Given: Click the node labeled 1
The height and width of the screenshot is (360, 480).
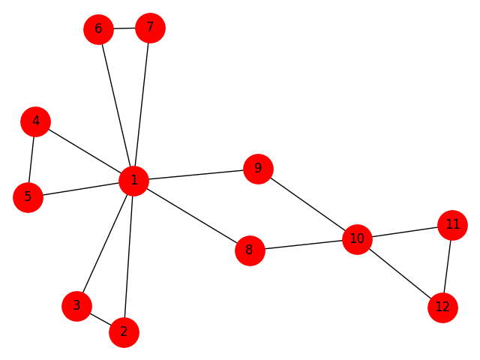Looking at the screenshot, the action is click(133, 180).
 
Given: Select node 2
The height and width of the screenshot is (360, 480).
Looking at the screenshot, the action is click(124, 331).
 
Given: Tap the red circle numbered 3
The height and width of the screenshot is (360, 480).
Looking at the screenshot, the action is click(76, 305).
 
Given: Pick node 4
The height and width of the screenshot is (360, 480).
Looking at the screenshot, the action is click(35, 121).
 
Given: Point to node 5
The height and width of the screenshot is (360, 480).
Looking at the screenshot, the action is click(28, 197).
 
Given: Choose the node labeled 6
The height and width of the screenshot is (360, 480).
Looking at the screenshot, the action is click(98, 30).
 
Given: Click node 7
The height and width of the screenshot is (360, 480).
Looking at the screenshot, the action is click(150, 28).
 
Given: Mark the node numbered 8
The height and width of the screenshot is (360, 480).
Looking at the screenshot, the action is click(250, 250).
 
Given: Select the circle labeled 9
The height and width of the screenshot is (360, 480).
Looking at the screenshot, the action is click(258, 168).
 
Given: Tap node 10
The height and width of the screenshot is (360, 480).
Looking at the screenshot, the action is click(357, 239).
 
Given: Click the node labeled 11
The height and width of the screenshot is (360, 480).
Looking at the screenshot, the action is click(451, 224).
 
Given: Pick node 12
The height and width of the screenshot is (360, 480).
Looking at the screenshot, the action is click(442, 307).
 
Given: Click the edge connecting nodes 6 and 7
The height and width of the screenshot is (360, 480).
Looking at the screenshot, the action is click(124, 28).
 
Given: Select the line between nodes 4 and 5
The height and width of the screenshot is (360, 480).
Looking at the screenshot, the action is click(31, 159).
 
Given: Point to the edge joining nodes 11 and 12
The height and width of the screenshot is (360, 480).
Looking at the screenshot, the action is click(447, 265).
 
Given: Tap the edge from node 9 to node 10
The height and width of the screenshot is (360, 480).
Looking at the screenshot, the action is click(307, 204).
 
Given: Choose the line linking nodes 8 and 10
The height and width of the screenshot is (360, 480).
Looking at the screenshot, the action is click(303, 244).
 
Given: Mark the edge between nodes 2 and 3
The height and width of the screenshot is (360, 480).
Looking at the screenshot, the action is click(100, 319).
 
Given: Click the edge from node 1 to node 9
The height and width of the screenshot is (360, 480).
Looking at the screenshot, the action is click(196, 174).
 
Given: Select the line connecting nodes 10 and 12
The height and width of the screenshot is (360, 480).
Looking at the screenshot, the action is click(400, 273).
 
